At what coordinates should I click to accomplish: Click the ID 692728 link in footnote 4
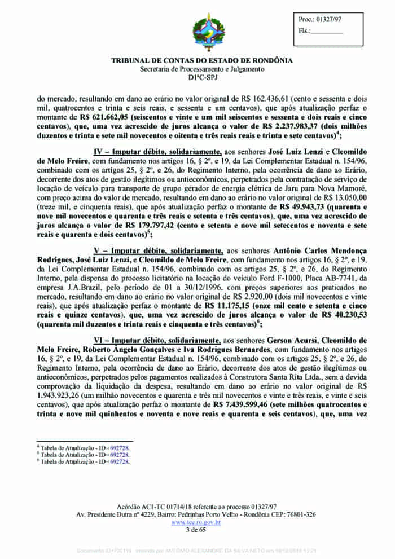click(x=120, y=447)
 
